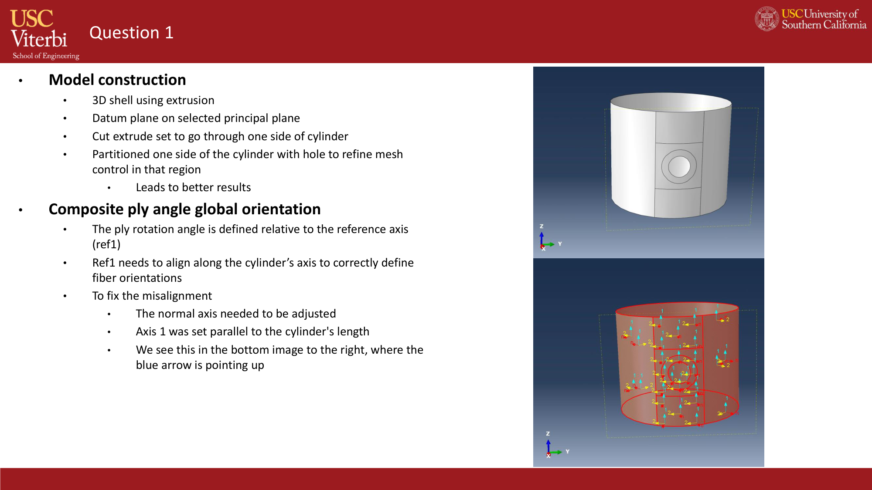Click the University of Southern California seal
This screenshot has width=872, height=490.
pyautogui.click(x=766, y=19)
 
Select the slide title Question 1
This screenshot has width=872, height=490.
pyautogui.click(x=131, y=33)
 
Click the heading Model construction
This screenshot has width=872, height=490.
pyautogui.click(x=117, y=80)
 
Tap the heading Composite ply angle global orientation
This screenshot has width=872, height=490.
pyautogui.click(x=184, y=209)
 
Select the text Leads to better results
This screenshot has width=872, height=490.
pyautogui.click(x=193, y=187)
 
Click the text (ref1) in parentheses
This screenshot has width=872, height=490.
pyautogui.click(x=106, y=244)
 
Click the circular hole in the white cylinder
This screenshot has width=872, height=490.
pyautogui.click(x=678, y=166)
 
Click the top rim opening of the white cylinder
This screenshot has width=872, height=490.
pyautogui.click(x=671, y=102)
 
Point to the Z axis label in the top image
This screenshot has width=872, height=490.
pyautogui.click(x=542, y=226)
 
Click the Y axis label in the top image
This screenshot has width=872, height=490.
pyautogui.click(x=560, y=244)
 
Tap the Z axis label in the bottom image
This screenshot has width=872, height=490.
pyautogui.click(x=548, y=433)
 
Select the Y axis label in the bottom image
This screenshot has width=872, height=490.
pyautogui.click(x=567, y=452)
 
